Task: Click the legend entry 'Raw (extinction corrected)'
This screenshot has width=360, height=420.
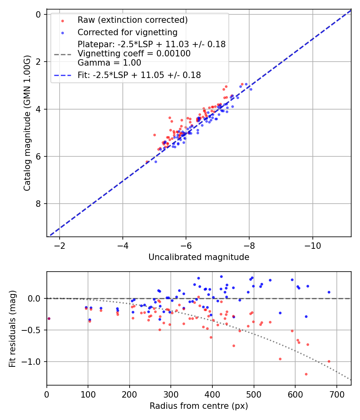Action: (132, 20)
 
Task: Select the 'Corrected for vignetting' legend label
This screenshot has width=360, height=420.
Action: (128, 32)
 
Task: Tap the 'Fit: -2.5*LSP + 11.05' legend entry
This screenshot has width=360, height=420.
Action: (139, 75)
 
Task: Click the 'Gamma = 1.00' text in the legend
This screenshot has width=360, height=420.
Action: (109, 62)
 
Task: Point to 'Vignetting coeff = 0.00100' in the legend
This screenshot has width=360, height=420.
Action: (134, 53)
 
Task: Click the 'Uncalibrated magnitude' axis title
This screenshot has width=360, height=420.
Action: (199, 257)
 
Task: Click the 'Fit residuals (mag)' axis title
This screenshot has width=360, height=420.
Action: (13, 329)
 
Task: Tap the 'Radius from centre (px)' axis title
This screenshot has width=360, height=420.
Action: (199, 406)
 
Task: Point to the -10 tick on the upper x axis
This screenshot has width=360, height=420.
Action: (312, 245)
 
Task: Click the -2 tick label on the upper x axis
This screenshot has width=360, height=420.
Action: (60, 245)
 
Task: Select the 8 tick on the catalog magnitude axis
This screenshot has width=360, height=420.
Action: (39, 204)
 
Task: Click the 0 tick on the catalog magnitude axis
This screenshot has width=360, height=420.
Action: (39, 14)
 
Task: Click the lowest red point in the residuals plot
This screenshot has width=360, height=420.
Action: (306, 374)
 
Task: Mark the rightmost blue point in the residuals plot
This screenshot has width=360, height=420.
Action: (329, 292)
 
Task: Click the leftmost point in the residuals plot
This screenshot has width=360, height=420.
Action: (49, 318)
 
